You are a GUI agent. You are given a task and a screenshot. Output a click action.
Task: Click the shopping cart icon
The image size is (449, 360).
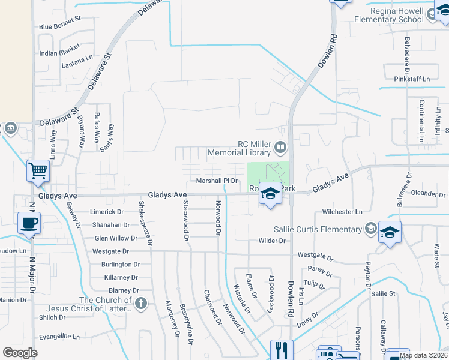tap(38, 171)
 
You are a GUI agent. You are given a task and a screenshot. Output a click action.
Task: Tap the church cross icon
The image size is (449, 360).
tap(141, 303)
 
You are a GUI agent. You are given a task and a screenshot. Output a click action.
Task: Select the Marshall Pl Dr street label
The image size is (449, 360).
tap(218, 181)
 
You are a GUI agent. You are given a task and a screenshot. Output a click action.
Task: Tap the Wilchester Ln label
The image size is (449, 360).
tap(342, 212)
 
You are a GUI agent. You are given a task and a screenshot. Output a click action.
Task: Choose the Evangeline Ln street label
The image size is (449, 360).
tap(59, 337)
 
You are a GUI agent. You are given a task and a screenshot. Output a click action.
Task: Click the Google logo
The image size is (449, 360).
tap(20, 353)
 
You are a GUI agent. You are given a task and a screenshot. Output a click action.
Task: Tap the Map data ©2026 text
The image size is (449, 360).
tap(423, 355)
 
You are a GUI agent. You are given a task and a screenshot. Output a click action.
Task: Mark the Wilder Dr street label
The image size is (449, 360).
tap(272, 241)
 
